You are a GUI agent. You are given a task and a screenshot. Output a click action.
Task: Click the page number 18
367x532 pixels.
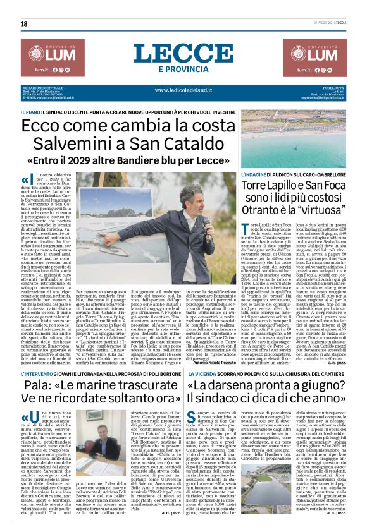pyautogui.click(x=24, y=23)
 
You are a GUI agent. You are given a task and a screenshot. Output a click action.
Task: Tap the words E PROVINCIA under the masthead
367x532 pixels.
pyautogui.click(x=183, y=69)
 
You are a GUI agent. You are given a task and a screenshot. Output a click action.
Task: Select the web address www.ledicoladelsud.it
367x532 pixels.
pyautogui.click(x=183, y=90)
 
